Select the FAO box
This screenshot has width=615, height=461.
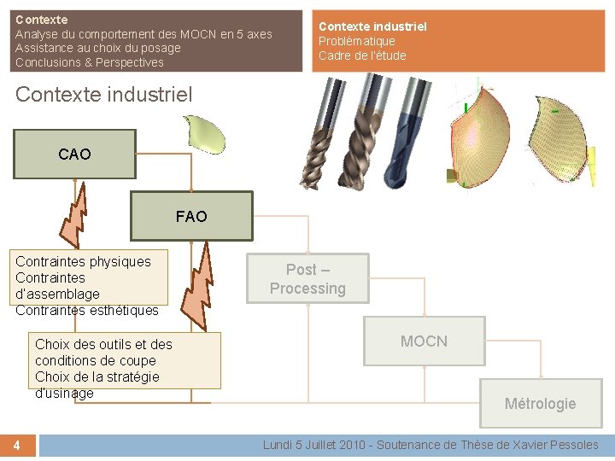coord(191,216)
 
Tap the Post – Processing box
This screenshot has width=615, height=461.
coord(307,278)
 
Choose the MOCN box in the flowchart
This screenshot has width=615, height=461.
coord(424,341)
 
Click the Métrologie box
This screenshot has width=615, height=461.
coord(540,403)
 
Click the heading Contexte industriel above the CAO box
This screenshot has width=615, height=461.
coord(103,94)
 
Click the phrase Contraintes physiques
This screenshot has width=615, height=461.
coord(83,261)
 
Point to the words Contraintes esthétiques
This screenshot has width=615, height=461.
coord(87,310)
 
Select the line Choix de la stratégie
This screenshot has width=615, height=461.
coord(97,376)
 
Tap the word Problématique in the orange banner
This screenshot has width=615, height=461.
coord(356,41)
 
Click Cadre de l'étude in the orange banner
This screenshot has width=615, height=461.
coord(362,55)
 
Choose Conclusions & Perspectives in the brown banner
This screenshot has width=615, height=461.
coord(89,62)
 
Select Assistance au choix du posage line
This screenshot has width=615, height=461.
coord(97,48)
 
